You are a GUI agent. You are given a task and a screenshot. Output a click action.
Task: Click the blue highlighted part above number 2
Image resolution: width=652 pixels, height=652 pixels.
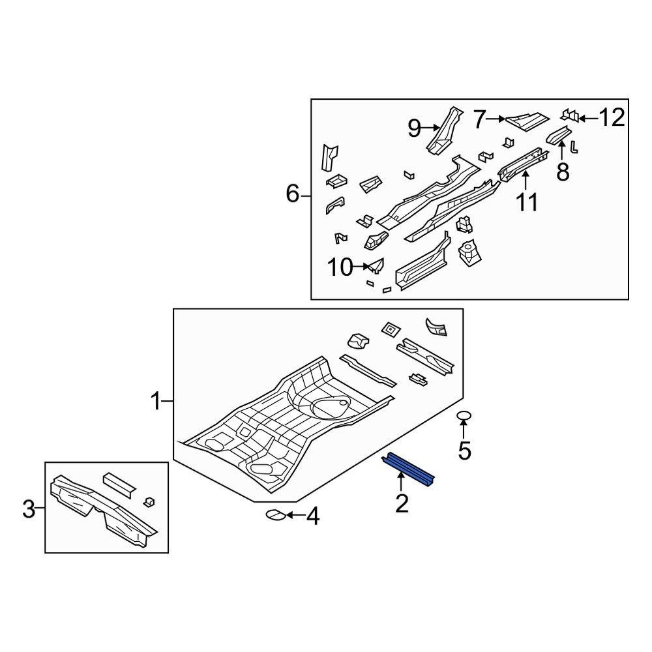(x=408, y=469)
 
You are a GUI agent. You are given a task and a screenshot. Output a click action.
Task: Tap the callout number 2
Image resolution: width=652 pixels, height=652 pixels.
(x=402, y=503)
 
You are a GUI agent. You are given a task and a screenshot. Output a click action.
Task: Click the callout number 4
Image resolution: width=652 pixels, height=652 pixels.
(x=313, y=516)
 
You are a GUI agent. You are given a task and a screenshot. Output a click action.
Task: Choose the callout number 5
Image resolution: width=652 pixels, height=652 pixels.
(x=464, y=451)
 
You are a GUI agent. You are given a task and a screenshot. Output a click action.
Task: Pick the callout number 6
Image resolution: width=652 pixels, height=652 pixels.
(x=292, y=194)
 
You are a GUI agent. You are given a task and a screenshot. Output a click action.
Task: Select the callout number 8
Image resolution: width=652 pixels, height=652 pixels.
(x=563, y=171)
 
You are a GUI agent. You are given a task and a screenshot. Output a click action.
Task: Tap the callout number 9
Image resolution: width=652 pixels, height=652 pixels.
(x=414, y=128)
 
